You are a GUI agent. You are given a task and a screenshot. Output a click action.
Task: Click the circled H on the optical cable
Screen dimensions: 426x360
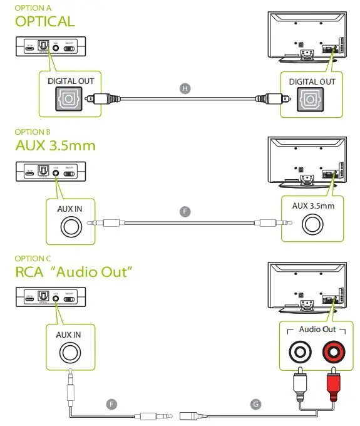tap(184, 88)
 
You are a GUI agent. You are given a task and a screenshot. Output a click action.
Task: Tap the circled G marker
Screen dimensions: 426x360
tap(255, 404)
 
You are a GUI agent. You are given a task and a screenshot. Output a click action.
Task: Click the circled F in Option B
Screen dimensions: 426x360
tap(184, 212)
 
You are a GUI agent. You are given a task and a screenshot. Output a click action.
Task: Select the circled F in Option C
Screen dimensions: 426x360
tap(112, 404)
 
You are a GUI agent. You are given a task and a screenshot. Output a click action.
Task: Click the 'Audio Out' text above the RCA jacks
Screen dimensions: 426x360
tap(317, 330)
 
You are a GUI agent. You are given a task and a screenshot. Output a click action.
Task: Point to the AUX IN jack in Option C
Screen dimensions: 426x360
tap(69, 354)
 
